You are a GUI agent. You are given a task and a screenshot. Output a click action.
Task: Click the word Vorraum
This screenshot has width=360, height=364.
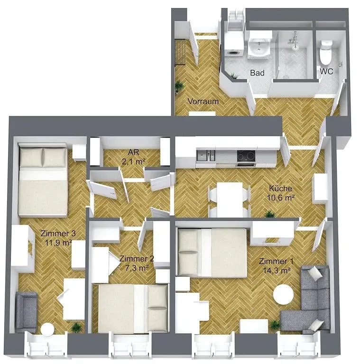(203, 101)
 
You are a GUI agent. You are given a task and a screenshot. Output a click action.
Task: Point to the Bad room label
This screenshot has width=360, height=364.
(257, 73)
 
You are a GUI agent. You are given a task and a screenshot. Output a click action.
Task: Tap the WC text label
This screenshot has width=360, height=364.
(326, 72)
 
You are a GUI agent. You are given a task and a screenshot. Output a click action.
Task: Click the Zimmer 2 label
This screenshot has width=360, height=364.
(137, 259)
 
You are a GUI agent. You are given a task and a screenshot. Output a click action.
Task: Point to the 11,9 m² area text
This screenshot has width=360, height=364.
(58, 242)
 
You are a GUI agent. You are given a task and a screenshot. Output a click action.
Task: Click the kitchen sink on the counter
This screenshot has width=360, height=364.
(206, 155)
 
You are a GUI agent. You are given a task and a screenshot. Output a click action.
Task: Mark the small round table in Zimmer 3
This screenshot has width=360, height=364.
(48, 330)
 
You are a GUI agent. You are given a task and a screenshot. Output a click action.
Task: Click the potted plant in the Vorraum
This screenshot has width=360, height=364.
(179, 86)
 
